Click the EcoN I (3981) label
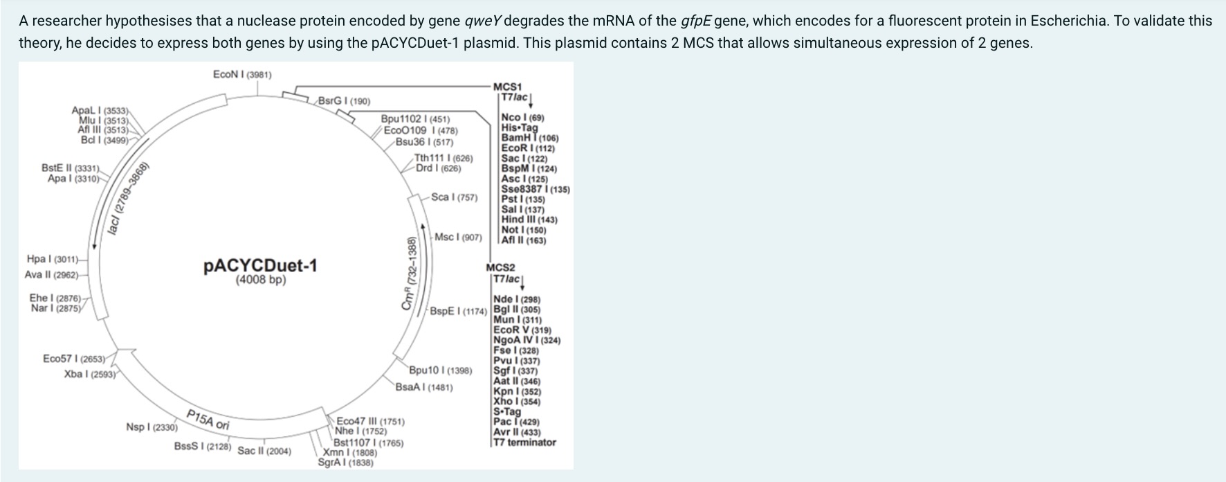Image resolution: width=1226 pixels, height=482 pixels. [x=242, y=74]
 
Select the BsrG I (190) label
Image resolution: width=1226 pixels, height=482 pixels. [x=344, y=101]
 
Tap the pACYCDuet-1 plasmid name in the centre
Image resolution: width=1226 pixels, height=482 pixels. [x=260, y=266]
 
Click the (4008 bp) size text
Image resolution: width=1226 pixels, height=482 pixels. [x=260, y=280]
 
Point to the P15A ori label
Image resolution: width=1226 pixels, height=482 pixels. [x=208, y=419]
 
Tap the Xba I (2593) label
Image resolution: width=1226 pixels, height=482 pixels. [x=90, y=375]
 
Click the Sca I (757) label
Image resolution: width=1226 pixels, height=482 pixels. [x=454, y=197]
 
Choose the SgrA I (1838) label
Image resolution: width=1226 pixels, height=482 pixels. [x=345, y=463]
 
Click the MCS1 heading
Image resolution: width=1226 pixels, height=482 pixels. [x=507, y=87]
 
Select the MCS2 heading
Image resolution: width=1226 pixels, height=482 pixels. [x=500, y=267]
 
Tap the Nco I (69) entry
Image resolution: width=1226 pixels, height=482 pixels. [x=522, y=118]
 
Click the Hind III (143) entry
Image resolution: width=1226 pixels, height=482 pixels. [x=529, y=220]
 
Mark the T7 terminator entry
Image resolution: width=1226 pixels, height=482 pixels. [x=524, y=442]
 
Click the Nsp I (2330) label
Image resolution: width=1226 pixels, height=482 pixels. [x=152, y=427]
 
